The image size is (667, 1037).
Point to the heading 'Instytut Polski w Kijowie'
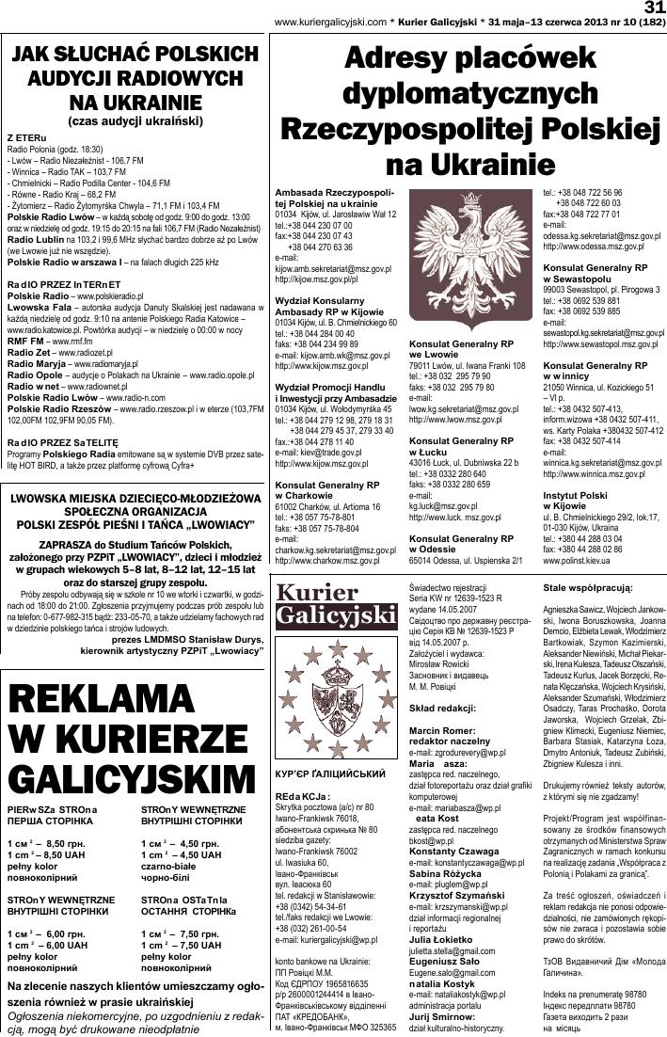(x=575, y=499)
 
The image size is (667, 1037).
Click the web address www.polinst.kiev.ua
(x=576, y=560)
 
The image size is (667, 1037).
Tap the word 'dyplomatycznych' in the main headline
(x=466, y=94)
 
